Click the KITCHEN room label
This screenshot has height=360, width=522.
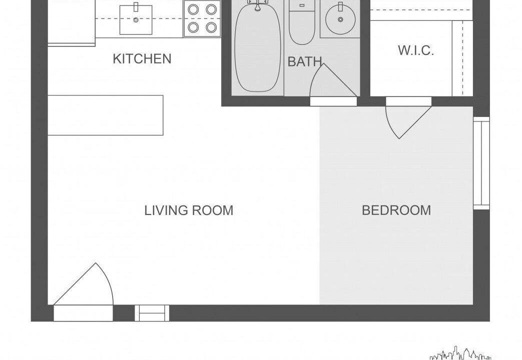(142, 59)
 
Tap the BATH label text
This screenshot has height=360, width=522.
(305, 61)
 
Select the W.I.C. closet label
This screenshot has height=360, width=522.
(416, 50)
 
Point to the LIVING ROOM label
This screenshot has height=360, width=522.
(189, 210)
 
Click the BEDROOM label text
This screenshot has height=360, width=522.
(396, 210)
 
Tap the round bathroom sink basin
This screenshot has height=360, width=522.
(340, 19)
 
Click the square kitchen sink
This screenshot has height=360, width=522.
(136, 19)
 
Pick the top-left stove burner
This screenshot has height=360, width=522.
(193, 9)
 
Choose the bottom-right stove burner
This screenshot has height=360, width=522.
(211, 27)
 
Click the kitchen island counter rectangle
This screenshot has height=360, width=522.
(106, 115)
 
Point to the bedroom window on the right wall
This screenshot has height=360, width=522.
(481, 163)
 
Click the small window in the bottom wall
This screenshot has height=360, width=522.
(152, 313)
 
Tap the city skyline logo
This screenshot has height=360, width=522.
(460, 353)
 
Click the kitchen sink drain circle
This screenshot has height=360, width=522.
(136, 20)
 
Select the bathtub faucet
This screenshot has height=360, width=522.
(258, 5)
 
